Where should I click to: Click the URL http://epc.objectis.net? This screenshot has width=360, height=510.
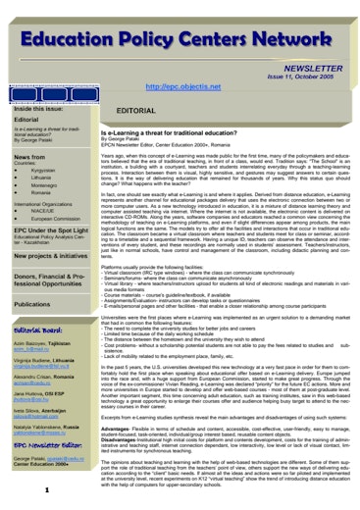pyautogui.click(x=181, y=87)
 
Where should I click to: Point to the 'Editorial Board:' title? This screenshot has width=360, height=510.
pyautogui.click(x=40, y=331)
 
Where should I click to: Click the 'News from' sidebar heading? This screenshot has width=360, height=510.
pyautogui.click(x=29, y=157)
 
